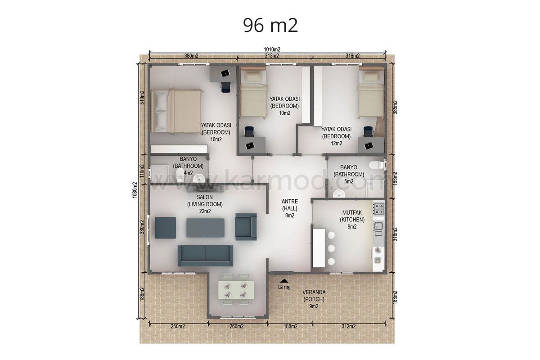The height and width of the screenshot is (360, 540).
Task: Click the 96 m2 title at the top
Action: (x=270, y=26)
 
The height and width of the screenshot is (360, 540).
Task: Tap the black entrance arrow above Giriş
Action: (x=284, y=281)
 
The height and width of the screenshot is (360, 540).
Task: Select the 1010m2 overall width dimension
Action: (x=272, y=49)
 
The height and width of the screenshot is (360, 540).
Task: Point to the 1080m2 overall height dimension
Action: (x=135, y=190)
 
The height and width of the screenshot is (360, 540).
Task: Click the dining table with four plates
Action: (x=235, y=293)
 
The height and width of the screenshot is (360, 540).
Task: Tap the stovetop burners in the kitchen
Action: (x=378, y=209)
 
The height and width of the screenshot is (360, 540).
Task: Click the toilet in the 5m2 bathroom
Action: (x=376, y=165)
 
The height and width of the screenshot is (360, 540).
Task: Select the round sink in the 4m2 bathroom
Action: (x=199, y=179)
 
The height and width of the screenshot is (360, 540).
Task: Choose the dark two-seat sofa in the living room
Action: (x=205, y=256)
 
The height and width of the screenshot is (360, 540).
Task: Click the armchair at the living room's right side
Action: (x=246, y=227)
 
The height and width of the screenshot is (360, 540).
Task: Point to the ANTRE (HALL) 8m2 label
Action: (x=290, y=208)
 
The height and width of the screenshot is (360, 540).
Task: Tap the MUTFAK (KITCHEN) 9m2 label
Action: (x=352, y=220)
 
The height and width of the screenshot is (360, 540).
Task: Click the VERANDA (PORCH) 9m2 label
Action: (x=314, y=299)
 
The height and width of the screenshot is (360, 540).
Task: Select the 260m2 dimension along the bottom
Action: (x=237, y=326)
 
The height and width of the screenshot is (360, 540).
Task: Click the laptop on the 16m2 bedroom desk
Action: (x=225, y=73)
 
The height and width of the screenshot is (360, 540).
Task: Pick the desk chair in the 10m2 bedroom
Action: (x=249, y=132)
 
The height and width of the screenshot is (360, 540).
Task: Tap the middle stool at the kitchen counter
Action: (x=331, y=248)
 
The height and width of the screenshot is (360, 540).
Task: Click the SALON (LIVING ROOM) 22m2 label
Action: (x=205, y=204)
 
